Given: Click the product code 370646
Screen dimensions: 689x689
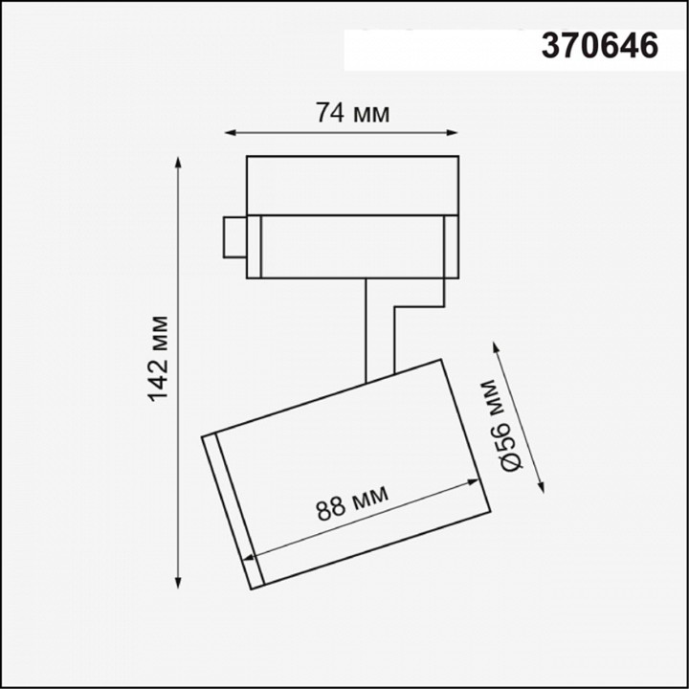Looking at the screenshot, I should point(600,45).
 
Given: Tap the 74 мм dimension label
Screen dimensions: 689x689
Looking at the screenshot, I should point(353,113).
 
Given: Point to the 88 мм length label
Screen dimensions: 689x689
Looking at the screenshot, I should point(352,503).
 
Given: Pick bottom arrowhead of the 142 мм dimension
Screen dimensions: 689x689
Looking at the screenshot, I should point(178,581).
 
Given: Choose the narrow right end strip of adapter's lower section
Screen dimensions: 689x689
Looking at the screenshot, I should point(447,246).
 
